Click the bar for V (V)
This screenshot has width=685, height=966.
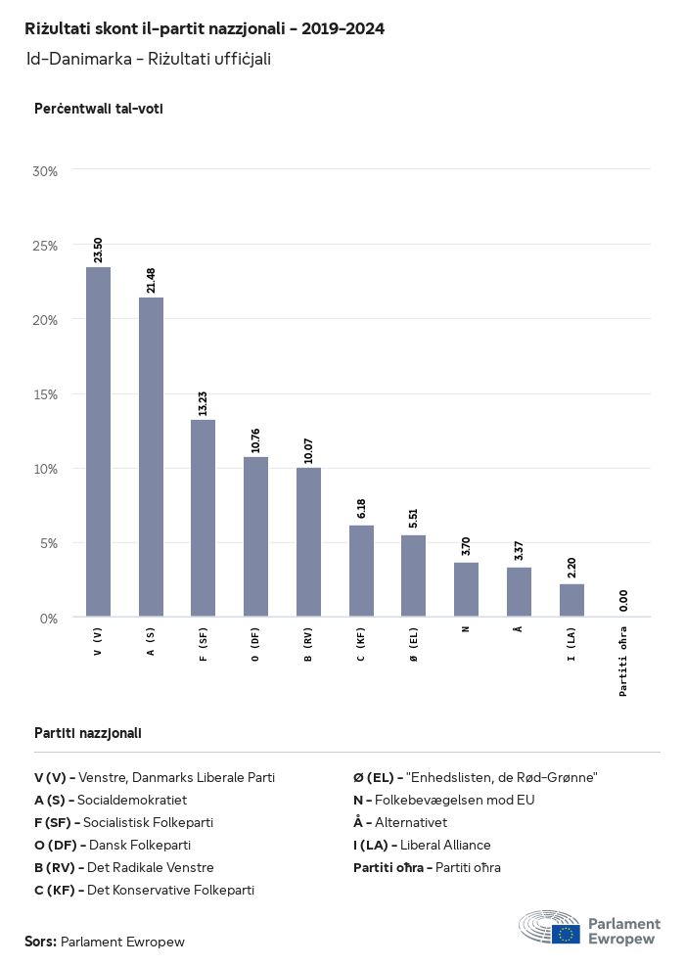pos(98,442)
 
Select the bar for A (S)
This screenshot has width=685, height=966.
pos(151,457)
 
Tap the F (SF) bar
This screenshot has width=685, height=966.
pos(204,519)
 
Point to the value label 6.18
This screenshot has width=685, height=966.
pos(361,508)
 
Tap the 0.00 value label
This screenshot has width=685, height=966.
pos(624,601)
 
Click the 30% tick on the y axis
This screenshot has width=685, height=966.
pos(46,170)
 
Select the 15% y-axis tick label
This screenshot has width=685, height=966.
pos(46,394)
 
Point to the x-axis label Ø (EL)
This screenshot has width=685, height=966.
pos(414,648)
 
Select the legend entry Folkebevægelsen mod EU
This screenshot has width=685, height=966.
pos(457,800)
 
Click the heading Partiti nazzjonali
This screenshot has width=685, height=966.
pos(88,732)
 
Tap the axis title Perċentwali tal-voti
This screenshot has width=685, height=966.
pos(98,109)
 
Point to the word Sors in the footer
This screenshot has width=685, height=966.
pos(39,942)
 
